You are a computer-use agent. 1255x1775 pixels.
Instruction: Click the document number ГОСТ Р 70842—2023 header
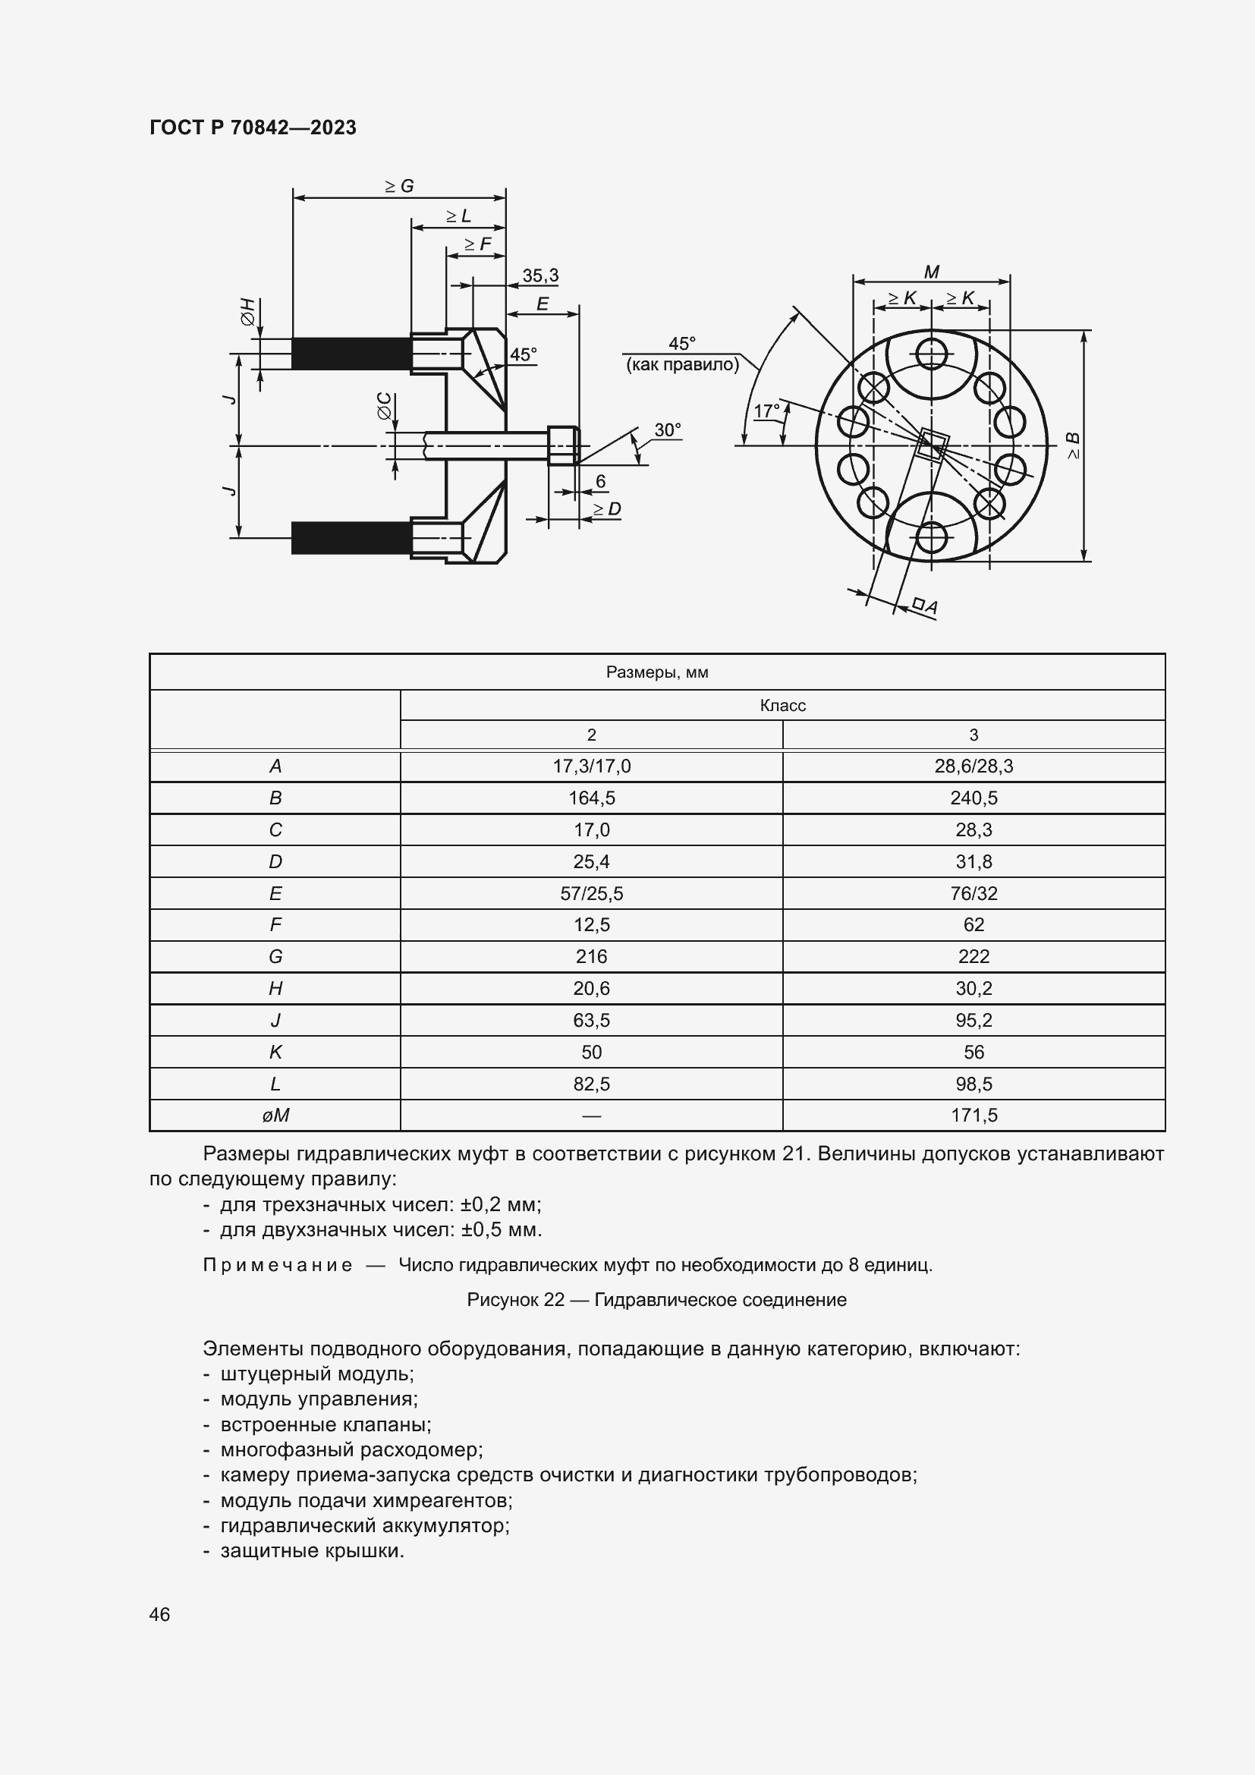click(253, 127)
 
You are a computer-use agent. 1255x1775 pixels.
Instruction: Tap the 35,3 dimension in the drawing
click(539, 276)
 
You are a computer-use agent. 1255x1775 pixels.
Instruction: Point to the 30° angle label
click(667, 430)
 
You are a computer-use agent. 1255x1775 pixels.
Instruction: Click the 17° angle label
click(766, 411)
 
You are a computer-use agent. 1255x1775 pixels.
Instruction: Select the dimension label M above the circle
click(931, 272)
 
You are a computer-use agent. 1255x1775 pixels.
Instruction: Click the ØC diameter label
click(384, 408)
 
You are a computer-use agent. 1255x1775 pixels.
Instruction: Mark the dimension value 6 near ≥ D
click(600, 482)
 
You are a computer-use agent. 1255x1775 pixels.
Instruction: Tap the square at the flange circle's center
click(932, 446)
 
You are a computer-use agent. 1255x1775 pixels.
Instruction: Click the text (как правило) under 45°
click(681, 365)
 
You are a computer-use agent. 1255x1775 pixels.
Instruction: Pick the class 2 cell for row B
click(591, 798)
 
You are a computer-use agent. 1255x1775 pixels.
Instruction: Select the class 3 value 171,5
click(973, 1116)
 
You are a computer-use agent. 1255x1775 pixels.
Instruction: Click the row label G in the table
click(275, 957)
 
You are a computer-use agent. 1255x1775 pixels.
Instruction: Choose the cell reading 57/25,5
click(591, 894)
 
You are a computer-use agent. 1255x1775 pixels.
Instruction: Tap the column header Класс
click(782, 706)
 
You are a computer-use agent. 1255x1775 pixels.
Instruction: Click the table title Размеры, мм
click(657, 672)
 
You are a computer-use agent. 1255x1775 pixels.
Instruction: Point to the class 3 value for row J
click(973, 1021)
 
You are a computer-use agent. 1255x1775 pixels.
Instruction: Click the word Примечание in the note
click(278, 1266)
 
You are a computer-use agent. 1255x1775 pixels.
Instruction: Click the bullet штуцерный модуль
click(317, 1374)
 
